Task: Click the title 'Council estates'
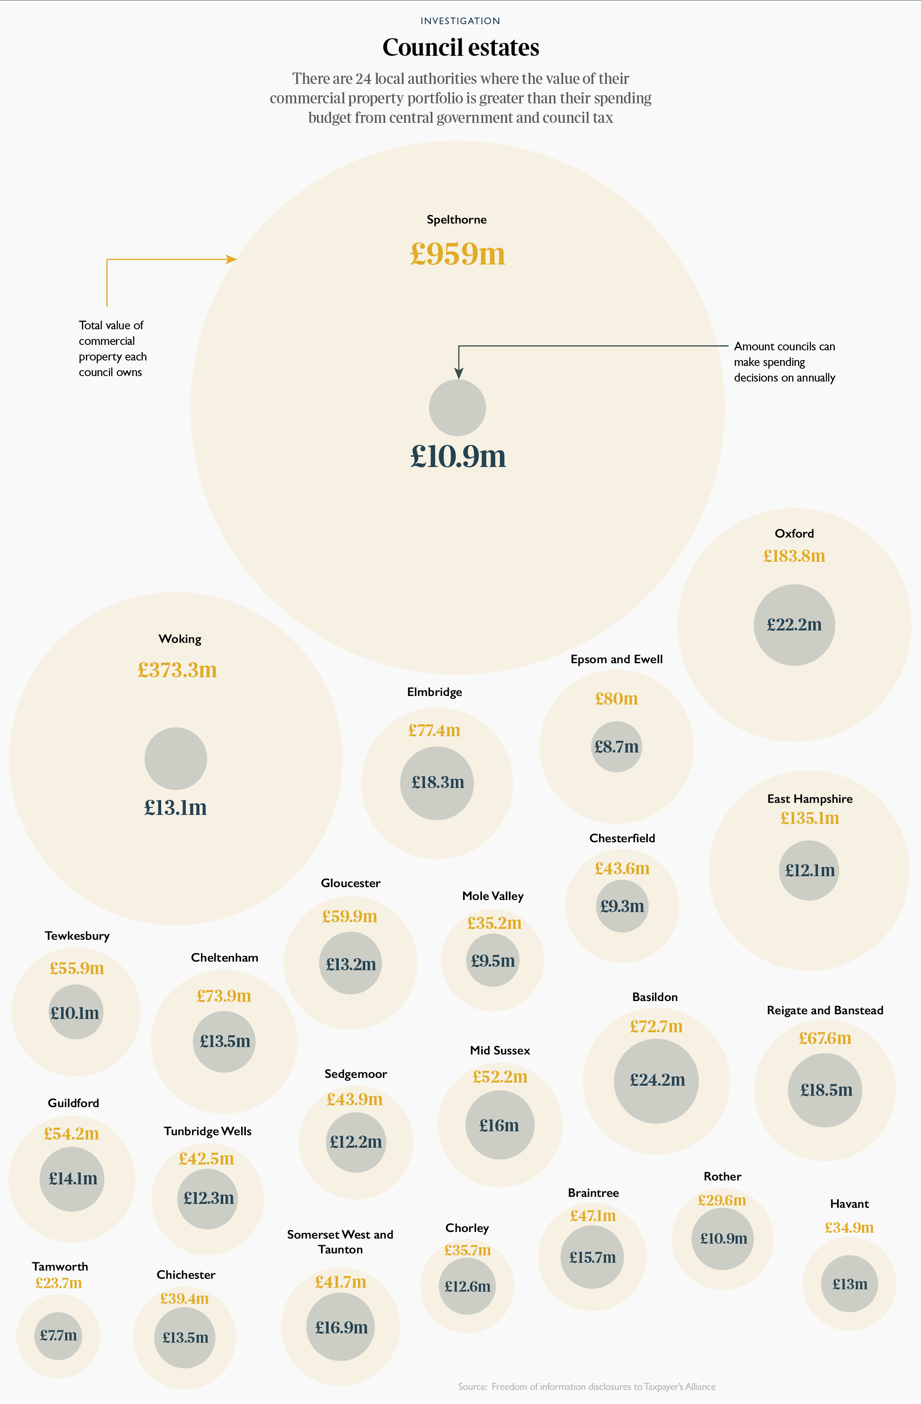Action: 460,48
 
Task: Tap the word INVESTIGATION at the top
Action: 460,21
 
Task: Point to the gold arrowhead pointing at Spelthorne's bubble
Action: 233,259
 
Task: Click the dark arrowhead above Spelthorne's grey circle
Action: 459,373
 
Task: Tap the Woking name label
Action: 180,639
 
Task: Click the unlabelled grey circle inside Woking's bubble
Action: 176,759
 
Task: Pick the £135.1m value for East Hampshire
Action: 809,818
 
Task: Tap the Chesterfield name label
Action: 622,838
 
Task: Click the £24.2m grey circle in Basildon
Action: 657,1081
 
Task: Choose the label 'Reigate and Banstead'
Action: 825,1010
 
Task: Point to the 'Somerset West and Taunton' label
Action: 340,1242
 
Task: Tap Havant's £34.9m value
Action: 849,1228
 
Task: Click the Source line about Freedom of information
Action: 587,1386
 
